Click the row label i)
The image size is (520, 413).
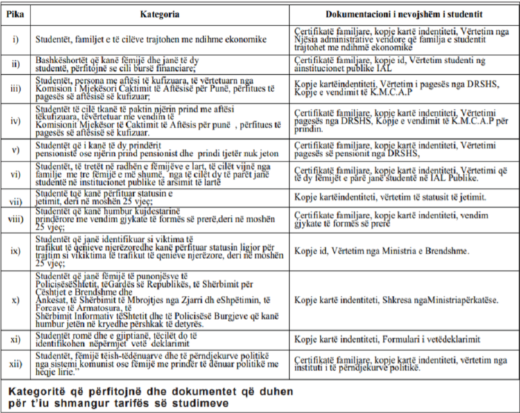tap(16, 39)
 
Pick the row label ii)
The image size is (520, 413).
tap(16, 64)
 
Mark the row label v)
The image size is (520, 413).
tap(16, 150)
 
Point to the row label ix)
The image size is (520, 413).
tap(16, 249)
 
